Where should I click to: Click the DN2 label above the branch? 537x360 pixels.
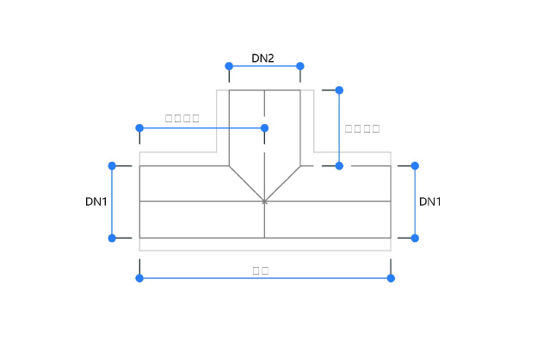262,59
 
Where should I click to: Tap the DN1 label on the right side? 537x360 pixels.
430,202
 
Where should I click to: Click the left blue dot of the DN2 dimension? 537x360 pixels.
229,65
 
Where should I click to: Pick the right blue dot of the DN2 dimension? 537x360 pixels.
300,65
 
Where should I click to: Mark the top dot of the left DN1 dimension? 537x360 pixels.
112,165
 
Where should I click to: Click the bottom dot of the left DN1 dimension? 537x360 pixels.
112,238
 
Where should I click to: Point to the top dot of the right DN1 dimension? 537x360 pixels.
415,165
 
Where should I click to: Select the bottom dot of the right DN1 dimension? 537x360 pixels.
415,238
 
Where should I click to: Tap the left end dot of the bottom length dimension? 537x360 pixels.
139,278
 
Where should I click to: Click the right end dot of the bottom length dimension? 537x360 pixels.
391,278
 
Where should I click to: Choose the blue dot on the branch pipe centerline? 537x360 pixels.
264,128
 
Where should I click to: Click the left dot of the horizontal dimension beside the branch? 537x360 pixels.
139,128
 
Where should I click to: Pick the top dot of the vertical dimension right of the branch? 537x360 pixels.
339,90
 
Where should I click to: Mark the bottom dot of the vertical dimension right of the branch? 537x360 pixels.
339,165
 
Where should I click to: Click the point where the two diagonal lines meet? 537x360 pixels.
264,202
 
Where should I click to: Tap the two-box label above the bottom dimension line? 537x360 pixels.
261,270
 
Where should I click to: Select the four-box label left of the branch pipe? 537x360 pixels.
182,118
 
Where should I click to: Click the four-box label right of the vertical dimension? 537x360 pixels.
362,128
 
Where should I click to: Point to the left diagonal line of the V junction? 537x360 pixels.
246,183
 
